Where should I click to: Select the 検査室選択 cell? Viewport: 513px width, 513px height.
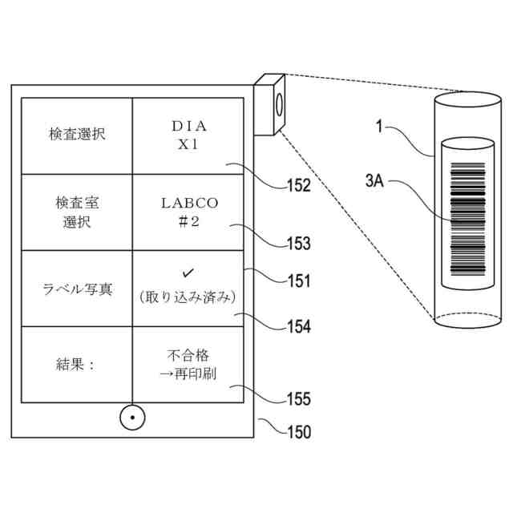[x=76, y=211]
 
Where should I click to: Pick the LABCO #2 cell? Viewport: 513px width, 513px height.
[x=189, y=211]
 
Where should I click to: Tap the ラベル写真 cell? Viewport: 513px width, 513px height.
[x=76, y=288]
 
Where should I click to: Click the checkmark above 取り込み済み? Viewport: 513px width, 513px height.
[x=189, y=274]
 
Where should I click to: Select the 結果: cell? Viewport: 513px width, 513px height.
[x=76, y=364]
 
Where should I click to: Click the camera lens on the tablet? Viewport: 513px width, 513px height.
[x=277, y=104]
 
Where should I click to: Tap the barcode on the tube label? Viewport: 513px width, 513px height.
[x=469, y=220]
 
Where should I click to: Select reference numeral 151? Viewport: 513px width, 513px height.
[x=297, y=281]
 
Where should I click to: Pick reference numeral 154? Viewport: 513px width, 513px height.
[x=298, y=327]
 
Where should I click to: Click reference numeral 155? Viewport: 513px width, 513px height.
[x=298, y=398]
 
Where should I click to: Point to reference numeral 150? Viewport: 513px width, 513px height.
[x=298, y=431]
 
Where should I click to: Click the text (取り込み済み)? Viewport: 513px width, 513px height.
[x=189, y=297]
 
